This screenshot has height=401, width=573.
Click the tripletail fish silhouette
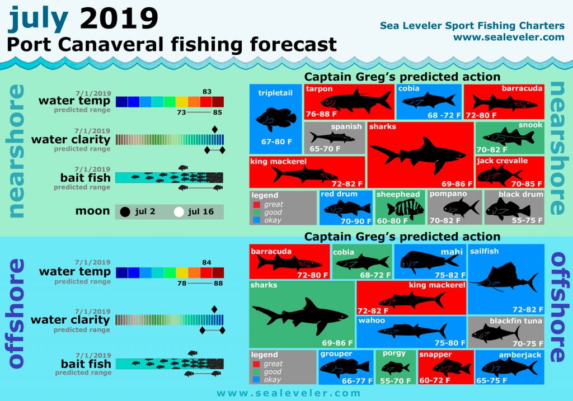276,118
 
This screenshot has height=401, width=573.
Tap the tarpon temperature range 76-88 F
321,114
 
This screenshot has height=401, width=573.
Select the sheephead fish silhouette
405,209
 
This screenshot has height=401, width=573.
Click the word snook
530,125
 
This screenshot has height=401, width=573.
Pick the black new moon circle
125,212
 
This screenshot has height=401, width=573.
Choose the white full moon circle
179,212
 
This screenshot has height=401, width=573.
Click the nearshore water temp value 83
207,91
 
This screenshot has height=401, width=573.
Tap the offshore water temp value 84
206,262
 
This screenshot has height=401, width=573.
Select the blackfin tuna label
516,320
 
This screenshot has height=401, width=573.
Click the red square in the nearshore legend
256,205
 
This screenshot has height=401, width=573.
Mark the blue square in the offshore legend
256,379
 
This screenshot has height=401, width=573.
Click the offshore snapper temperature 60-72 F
434,380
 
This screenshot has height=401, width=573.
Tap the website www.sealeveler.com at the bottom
288,393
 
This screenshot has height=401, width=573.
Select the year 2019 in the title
119,18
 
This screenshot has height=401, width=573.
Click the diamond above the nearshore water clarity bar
215,129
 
